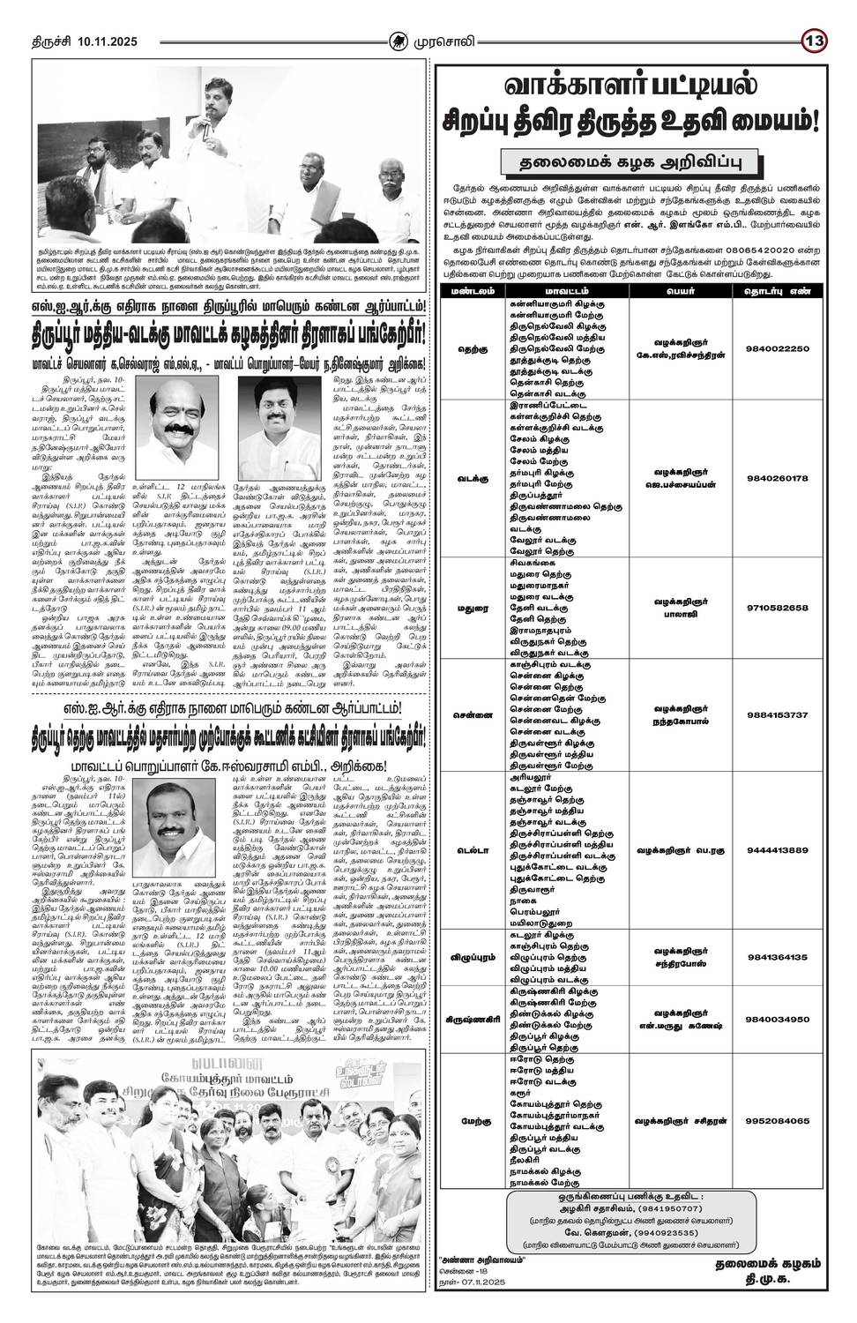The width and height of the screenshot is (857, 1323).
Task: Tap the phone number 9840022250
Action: point(777,348)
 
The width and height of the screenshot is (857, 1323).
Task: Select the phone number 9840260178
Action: point(777,478)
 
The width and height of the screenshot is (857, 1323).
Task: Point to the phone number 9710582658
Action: point(777,608)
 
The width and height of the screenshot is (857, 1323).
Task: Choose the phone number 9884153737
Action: point(777,714)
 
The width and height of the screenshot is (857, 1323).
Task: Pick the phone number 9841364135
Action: point(777,957)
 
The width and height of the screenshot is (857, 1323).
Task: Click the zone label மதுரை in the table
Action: point(473,609)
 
